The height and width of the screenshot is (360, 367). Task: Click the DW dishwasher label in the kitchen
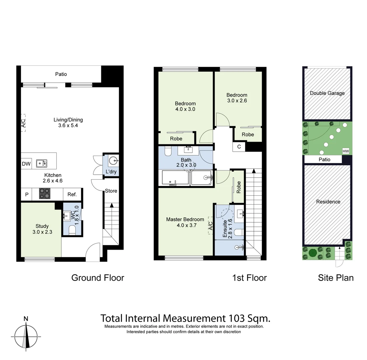(x=26, y=164)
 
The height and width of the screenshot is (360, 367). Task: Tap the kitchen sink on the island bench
(x=42, y=163)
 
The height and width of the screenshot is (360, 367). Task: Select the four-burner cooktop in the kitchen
(x=45, y=194)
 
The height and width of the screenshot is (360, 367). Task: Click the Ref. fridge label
(x=72, y=194)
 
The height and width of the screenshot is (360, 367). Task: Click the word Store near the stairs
(x=111, y=191)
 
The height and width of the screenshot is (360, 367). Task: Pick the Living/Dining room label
(x=68, y=120)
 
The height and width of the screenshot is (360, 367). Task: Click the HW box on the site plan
(x=346, y=151)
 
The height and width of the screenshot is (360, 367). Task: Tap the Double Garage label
(x=327, y=93)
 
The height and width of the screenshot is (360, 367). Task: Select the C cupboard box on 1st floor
(x=239, y=147)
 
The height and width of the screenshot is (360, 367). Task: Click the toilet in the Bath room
(x=168, y=151)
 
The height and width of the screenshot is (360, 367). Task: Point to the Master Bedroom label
(x=185, y=219)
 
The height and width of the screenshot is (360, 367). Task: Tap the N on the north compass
(x=26, y=319)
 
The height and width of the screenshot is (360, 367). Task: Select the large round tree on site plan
(x=312, y=252)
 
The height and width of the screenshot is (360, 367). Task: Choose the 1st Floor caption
(x=249, y=278)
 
